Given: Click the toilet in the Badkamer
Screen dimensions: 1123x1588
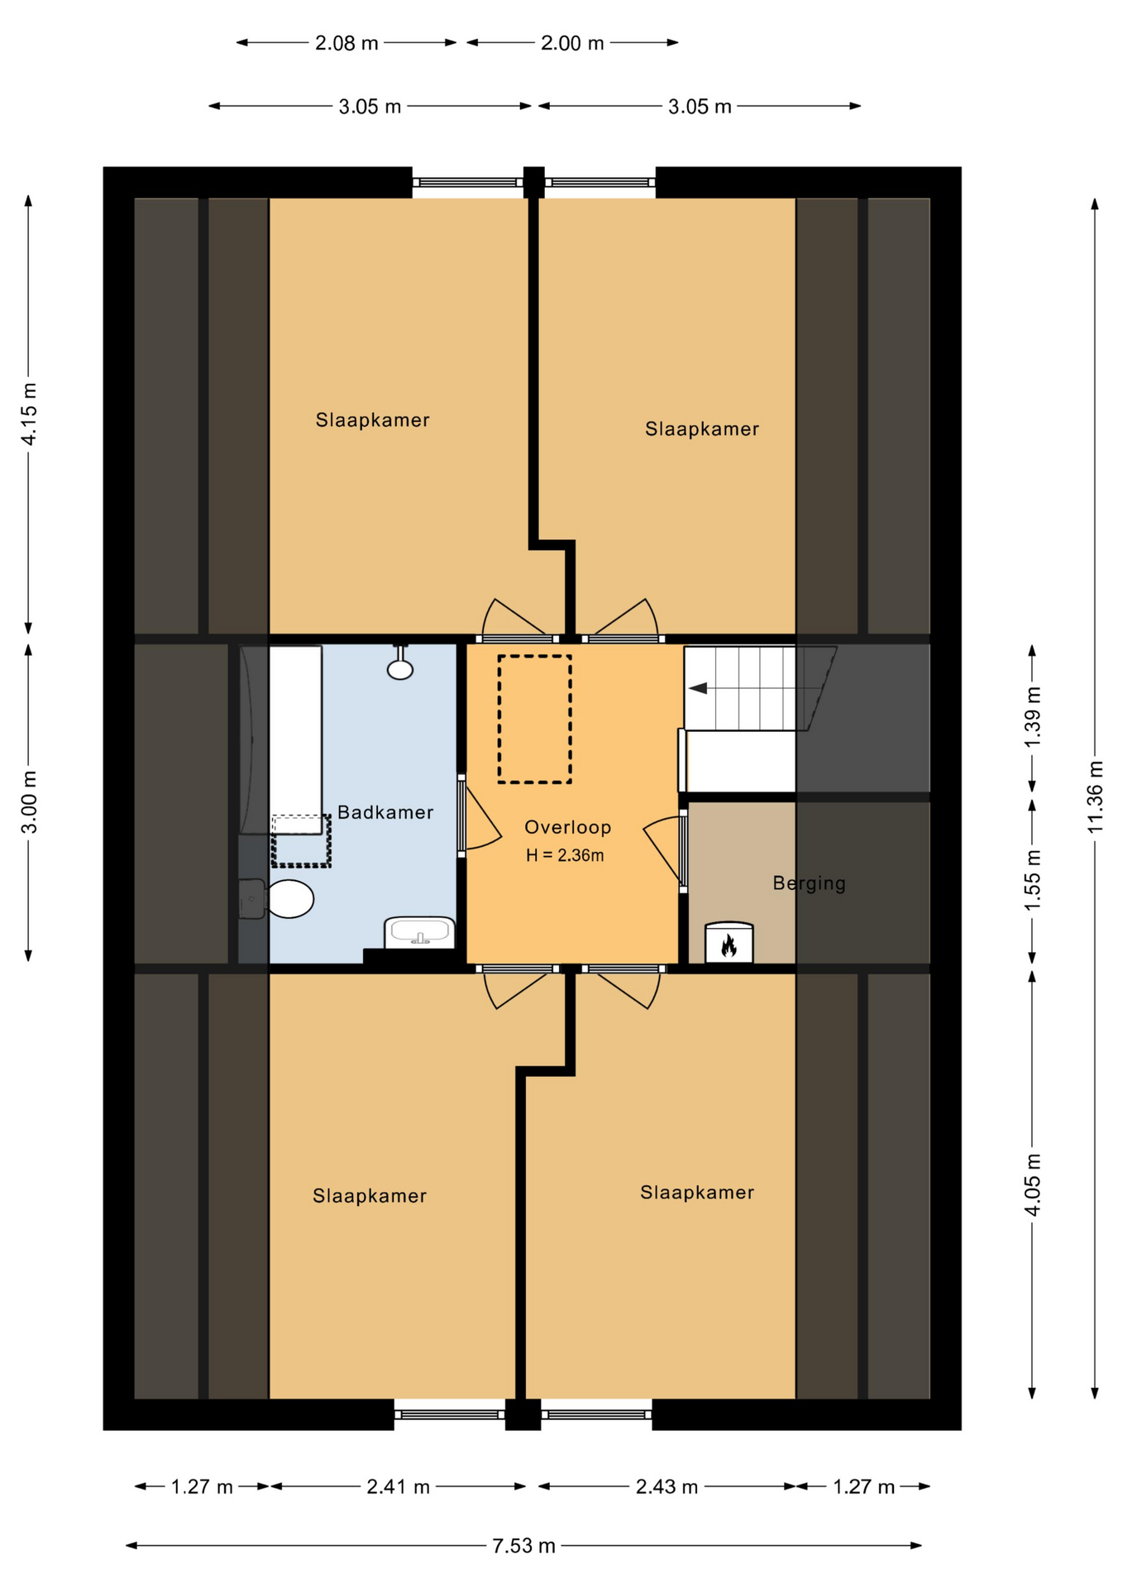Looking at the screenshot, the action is coord(278,899).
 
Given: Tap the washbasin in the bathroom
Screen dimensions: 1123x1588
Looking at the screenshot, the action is coord(420,932).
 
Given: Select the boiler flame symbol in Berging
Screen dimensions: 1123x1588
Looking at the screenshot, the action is coord(729,945).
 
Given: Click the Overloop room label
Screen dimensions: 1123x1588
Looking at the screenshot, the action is coord(568,827).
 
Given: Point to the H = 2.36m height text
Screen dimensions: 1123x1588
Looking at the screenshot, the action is coord(565,855).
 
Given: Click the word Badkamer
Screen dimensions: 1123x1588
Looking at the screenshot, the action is coord(385,812).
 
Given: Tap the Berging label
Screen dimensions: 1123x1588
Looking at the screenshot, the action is coord(810,883).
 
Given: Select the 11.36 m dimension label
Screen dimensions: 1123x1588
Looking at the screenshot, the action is coord(1095,796).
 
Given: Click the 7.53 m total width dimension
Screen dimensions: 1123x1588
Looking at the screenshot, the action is coord(524,1546).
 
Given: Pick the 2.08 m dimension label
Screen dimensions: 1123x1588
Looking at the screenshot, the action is coord(346,43).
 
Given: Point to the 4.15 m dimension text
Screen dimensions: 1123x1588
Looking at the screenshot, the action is coord(29,414).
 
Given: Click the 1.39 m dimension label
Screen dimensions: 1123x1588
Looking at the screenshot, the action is coord(1033,716).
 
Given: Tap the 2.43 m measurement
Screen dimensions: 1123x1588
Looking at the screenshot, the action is coord(667,1487).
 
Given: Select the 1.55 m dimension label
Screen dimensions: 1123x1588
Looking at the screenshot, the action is coord(1033,880).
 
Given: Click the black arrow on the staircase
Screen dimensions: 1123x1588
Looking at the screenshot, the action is coord(698,688).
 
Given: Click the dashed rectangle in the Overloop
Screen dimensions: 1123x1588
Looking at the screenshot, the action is coord(535,719).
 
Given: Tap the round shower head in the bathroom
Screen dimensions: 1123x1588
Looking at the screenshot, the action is coord(400,669).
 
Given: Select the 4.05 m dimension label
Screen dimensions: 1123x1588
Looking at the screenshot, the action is coord(1033,1184).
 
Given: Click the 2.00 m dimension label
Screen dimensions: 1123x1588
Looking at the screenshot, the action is coord(572,43).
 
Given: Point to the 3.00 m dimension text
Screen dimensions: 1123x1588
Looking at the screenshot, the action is coord(29,802).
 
